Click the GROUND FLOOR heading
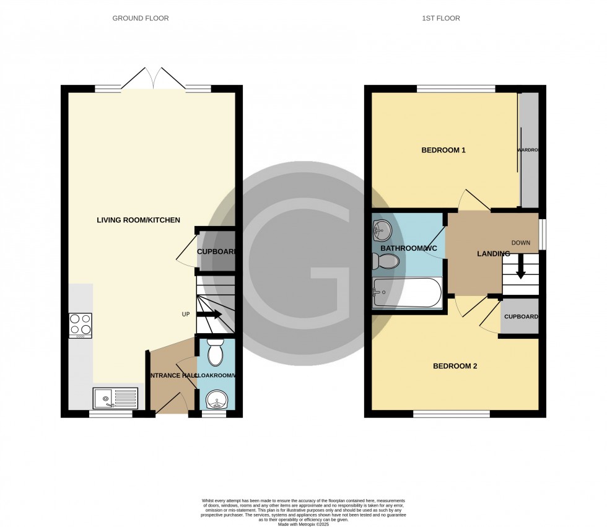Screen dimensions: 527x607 click(x=140, y=19)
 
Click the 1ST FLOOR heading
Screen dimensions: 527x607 click(x=440, y=19)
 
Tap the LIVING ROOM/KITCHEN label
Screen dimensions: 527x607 click(x=138, y=220)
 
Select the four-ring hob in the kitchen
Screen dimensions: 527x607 click(x=81, y=325)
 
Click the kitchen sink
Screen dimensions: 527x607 click(x=115, y=398)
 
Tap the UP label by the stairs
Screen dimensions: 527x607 click(x=185, y=315)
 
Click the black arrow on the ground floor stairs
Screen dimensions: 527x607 click(x=209, y=315)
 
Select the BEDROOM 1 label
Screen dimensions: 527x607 click(x=443, y=150)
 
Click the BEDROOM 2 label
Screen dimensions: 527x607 click(x=455, y=366)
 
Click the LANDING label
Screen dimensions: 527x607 click(x=493, y=254)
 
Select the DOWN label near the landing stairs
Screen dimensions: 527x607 click(x=520, y=243)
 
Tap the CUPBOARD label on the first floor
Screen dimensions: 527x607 click(x=520, y=317)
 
